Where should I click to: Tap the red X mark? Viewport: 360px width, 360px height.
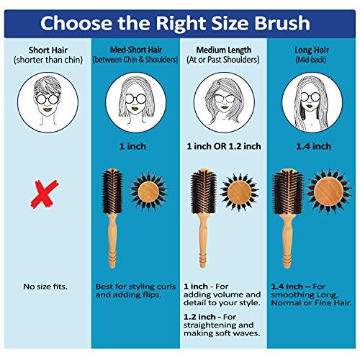pos(45,194)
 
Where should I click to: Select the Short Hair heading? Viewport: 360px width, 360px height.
pos(48,50)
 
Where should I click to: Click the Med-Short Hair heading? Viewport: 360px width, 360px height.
pos(136,50)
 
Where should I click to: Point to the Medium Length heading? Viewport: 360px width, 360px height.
pos(224,50)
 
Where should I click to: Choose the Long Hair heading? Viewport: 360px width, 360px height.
pos(312,50)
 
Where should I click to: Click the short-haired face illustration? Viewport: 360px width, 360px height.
pos(48,102)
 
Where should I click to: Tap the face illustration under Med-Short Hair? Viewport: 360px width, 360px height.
pos(136,102)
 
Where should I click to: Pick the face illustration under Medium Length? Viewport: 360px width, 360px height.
pos(224,102)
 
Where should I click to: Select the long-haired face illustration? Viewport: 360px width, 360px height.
pos(312,102)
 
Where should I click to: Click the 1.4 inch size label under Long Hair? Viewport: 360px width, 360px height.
pos(314,146)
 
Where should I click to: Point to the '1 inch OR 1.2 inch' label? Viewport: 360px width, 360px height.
pos(224,146)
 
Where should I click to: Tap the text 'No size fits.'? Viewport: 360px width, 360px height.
pos(45,287)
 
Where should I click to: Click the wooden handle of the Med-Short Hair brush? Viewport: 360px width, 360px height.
pos(112,240)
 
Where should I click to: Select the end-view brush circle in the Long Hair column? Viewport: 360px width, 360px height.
pos(329,192)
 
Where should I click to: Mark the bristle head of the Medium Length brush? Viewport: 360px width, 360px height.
pos(203,191)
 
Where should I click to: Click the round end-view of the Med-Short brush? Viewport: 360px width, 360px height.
pos(148,192)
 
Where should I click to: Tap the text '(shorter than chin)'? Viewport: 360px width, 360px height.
pos(48,60)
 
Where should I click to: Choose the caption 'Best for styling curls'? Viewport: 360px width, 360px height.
pos(135,287)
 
